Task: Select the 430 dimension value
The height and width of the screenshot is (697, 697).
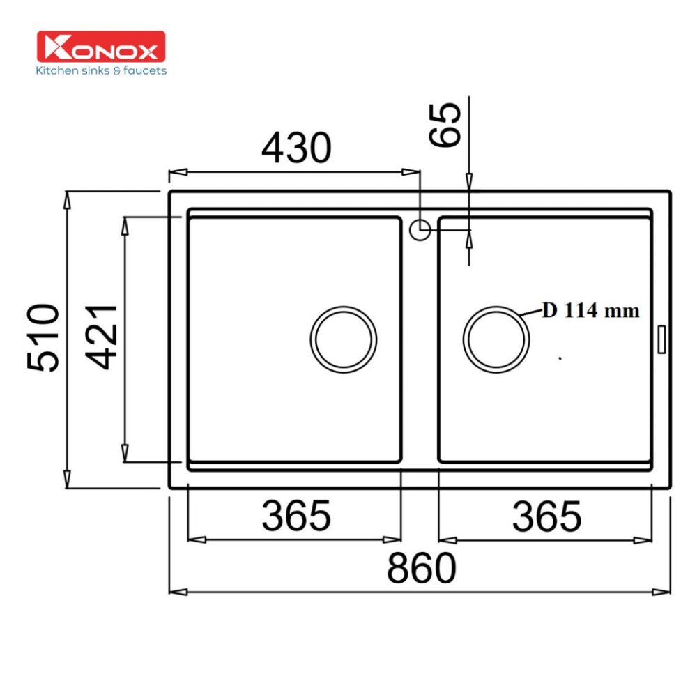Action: tap(296, 148)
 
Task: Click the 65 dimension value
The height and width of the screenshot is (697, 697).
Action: tap(446, 124)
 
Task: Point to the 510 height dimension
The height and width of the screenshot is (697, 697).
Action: tap(43, 337)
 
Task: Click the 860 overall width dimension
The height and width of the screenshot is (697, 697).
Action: tap(421, 568)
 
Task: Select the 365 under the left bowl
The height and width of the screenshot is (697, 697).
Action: tap(296, 516)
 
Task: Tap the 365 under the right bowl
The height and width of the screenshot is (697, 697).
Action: tap(546, 516)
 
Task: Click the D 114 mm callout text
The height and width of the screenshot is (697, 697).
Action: tap(590, 311)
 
